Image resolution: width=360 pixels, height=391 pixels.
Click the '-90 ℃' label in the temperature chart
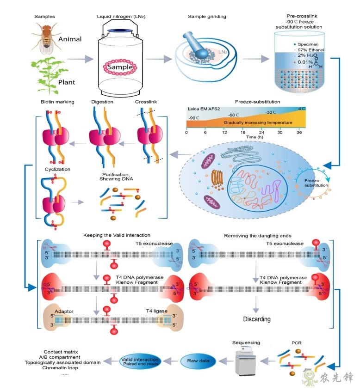point(194,118)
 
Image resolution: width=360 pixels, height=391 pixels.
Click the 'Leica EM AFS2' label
point(203,109)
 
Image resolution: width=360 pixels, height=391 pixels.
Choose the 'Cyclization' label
point(58,170)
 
